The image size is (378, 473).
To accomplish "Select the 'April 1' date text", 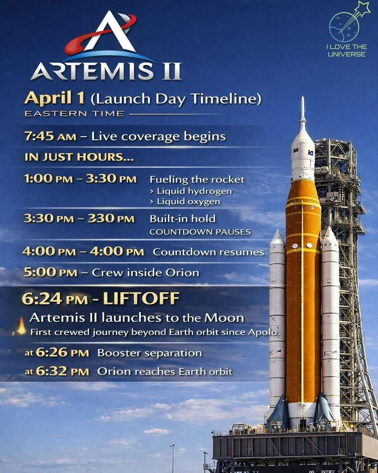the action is click(x=55, y=99).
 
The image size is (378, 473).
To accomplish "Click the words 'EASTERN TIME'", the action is click(x=74, y=114).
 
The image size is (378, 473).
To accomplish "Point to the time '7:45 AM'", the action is click(x=50, y=136).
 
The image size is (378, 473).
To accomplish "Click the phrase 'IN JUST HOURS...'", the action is click(x=79, y=157).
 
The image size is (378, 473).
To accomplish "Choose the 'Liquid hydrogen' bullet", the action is click(x=191, y=191).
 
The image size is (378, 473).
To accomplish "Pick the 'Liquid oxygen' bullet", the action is click(x=185, y=201).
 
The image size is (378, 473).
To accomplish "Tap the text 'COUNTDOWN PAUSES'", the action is click(x=200, y=232).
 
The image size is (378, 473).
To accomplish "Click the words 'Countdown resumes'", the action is click(x=208, y=252).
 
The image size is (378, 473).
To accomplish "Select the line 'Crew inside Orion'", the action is click(x=145, y=273).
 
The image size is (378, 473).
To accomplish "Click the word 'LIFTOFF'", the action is click(x=141, y=299).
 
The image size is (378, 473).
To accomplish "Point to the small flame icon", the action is click(x=21, y=326).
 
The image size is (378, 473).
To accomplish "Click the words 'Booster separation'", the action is click(x=150, y=353).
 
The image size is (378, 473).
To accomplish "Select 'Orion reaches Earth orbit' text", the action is click(x=164, y=372).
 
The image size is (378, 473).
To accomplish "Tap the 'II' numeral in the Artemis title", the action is click(x=171, y=71).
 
